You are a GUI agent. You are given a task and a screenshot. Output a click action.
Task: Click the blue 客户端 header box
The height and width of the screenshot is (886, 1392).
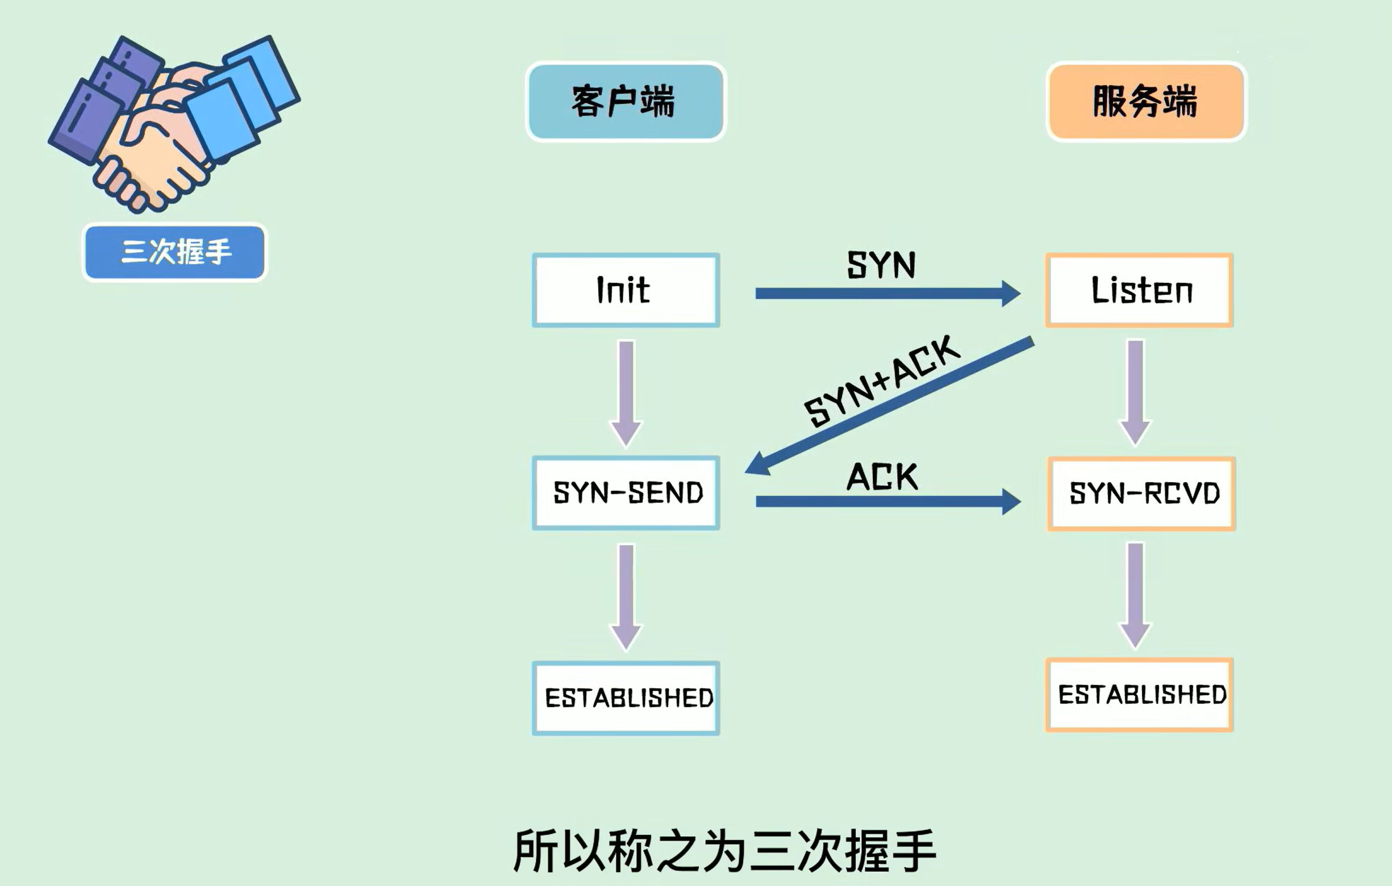click(626, 102)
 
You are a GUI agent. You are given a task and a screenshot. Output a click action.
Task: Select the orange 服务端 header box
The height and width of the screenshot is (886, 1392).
click(1146, 102)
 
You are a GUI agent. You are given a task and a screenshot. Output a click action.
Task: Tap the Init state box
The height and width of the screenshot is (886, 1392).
click(626, 290)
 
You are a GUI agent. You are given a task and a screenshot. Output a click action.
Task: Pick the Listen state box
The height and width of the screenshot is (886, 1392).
click(1139, 290)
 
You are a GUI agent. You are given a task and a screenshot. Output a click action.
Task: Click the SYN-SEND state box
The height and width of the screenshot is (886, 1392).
click(626, 493)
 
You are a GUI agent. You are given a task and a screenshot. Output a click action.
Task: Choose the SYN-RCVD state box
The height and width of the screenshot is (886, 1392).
click(1141, 494)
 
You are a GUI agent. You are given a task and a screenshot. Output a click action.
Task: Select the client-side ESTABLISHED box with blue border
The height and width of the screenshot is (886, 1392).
click(626, 697)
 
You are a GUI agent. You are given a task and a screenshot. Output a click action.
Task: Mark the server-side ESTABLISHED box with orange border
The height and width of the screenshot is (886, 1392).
click(1139, 695)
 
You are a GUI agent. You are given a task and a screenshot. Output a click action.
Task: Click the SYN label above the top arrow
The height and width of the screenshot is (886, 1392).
click(881, 265)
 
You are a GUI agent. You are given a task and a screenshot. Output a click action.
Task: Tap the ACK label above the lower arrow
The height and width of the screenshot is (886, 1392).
click(882, 477)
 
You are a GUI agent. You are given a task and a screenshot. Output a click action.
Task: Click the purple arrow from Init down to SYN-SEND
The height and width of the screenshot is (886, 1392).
click(626, 393)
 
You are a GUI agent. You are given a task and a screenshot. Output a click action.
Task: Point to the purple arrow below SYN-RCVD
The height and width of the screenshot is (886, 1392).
click(1135, 595)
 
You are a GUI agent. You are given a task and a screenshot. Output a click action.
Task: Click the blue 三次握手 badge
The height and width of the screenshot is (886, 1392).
click(174, 252)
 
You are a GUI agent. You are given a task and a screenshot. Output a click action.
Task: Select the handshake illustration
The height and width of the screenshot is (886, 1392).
click(173, 122)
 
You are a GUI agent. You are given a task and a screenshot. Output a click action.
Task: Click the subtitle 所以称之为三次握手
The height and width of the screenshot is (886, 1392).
click(724, 851)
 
